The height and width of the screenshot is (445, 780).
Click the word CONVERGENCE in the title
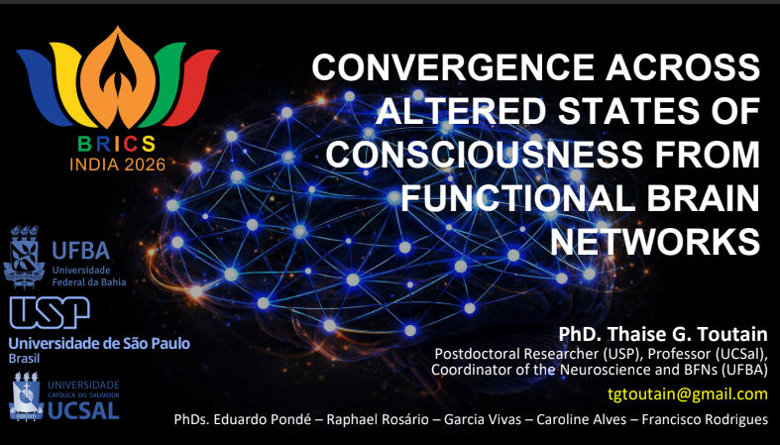click(453, 67)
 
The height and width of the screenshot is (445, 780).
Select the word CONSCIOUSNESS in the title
click(484, 155)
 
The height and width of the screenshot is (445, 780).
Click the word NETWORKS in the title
click(655, 242)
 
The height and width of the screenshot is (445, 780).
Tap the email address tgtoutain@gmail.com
click(688, 394)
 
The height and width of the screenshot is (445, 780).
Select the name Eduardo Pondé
click(268, 419)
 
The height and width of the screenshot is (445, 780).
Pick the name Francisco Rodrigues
click(705, 419)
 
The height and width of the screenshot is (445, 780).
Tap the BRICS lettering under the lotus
click(117, 144)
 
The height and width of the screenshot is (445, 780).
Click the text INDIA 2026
click(117, 165)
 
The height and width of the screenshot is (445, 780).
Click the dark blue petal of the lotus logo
click(44, 85)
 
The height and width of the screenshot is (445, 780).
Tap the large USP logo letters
click(50, 313)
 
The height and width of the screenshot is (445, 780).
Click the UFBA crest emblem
click(24, 257)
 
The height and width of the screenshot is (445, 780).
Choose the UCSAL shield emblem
click(26, 396)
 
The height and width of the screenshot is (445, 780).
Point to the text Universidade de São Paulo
click(99, 343)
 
